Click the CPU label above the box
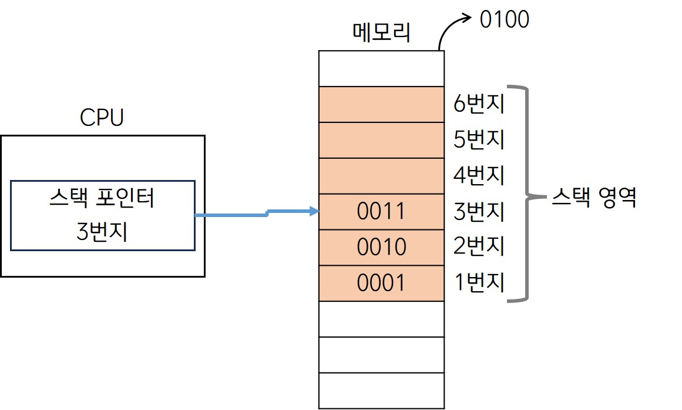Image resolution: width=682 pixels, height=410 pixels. (x=102, y=117)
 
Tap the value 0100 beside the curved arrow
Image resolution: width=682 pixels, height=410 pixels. (x=504, y=20)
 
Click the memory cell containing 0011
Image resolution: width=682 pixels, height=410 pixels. (x=381, y=212)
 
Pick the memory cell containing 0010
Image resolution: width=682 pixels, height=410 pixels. (x=381, y=248)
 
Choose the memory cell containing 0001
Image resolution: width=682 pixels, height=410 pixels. (x=381, y=284)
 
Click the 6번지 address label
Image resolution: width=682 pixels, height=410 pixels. (x=479, y=105)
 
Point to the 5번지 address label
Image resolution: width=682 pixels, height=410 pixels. (x=479, y=140)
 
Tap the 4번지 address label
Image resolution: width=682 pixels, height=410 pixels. (x=479, y=175)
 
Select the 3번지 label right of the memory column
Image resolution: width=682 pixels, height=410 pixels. (x=479, y=212)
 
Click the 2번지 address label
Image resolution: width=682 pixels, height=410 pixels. (x=479, y=247)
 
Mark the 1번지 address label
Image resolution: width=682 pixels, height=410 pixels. (x=479, y=283)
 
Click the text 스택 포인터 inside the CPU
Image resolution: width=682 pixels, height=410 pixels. (x=102, y=199)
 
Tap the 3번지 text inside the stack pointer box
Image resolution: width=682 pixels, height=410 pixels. (x=102, y=231)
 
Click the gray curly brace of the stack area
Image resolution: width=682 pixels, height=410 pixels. (x=525, y=195)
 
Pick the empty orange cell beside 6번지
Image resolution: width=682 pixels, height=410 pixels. (x=381, y=105)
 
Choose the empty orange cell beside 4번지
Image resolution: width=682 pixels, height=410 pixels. (x=381, y=176)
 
